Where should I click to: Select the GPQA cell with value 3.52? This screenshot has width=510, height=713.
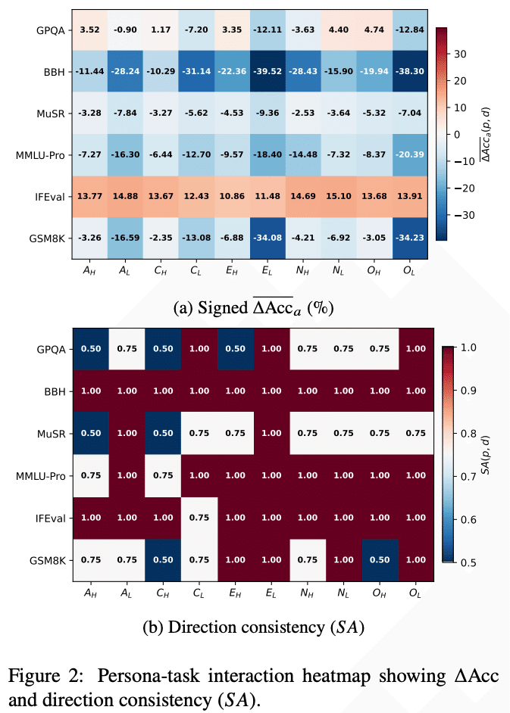pyautogui.click(x=90, y=31)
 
